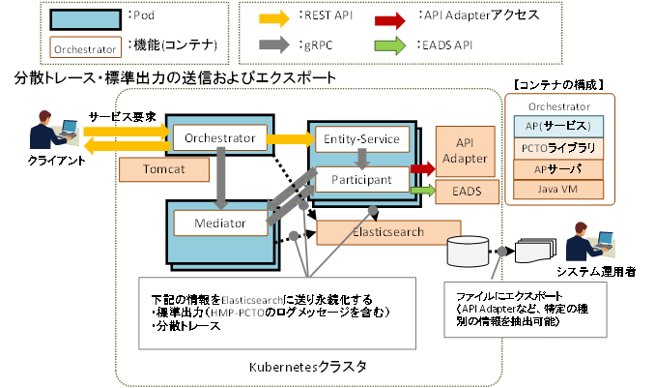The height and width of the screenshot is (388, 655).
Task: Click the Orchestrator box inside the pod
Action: [x=219, y=138]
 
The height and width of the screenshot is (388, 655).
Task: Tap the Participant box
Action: [x=361, y=180]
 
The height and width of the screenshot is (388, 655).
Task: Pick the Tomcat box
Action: [x=164, y=169]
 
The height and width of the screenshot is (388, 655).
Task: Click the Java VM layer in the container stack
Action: [x=554, y=189]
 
